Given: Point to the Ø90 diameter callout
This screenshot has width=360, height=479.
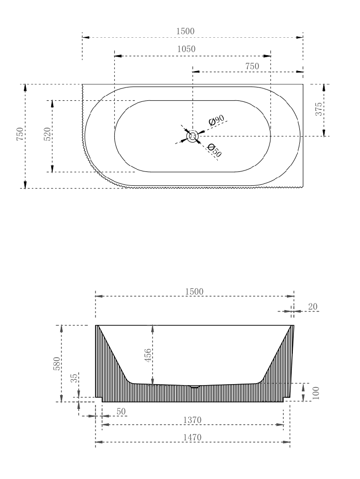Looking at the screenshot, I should coord(217,121).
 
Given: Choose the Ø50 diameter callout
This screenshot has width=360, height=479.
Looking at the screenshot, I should coord(214,151).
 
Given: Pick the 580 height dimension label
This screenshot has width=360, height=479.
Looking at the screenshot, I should coord(57,363).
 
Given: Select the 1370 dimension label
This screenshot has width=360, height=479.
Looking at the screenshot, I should coord(192,420).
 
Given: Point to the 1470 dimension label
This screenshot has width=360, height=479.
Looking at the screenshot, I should coord(192,437).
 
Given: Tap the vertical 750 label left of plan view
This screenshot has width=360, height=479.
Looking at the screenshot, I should coord(19,135).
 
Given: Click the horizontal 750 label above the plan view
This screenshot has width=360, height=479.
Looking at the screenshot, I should coord(252,66).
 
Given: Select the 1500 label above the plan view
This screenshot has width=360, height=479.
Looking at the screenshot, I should coord(185,31).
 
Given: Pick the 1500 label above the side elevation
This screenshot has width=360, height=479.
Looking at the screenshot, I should coord(194,291).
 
